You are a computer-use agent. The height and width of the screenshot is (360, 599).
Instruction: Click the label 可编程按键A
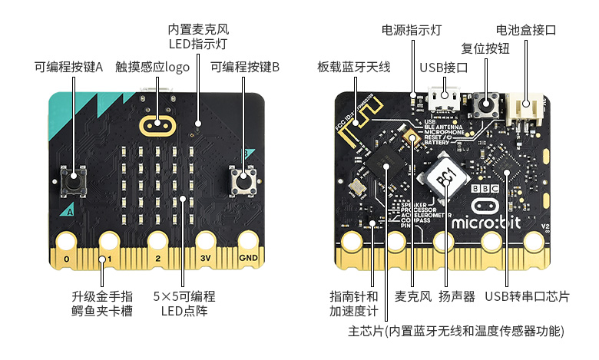pos(68,66)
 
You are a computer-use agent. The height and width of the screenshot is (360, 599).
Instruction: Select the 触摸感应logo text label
pos(152,66)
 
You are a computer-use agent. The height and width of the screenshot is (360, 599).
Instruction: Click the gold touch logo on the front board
pos(157,124)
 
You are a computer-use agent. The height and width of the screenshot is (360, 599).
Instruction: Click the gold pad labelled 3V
pos(205,245)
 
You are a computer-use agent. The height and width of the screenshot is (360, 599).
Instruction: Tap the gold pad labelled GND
pos(248,245)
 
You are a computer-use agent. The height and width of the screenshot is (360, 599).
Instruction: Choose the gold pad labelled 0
pos(67,245)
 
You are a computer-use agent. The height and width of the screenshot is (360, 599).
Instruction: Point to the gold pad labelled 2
pos(157,245)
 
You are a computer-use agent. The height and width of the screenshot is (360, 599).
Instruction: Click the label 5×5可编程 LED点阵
pos(184,303)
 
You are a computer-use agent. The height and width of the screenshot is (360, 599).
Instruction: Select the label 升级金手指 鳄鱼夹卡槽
pos(102,303)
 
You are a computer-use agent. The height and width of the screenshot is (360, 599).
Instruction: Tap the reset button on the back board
pos(486,103)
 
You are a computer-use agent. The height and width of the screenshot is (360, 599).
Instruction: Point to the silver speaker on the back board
pos(445,177)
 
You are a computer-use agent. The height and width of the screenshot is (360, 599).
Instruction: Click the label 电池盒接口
pos(526,30)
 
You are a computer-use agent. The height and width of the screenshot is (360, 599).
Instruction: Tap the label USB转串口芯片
pos(527,296)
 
